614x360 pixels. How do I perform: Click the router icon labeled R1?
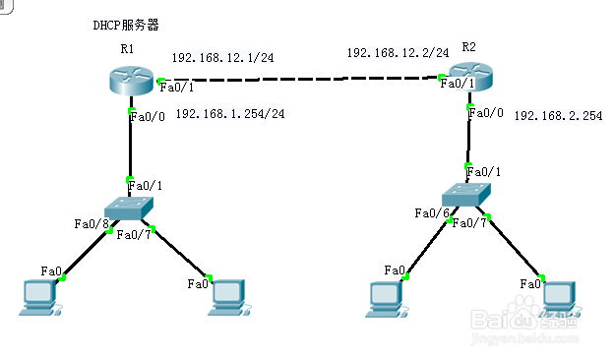[x=131, y=80]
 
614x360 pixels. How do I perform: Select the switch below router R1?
[x=129, y=208]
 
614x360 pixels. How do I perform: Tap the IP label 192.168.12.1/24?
[x=222, y=58]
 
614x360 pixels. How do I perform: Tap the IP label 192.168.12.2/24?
[x=398, y=51]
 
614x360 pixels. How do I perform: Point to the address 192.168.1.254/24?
[x=229, y=114]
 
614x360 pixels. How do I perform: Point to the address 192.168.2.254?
[x=557, y=116]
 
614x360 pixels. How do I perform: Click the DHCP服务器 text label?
[x=125, y=25]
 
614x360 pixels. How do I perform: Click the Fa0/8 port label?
[x=90, y=223]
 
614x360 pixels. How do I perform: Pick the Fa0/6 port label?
[x=431, y=212]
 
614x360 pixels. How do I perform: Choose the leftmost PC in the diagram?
[x=40, y=298]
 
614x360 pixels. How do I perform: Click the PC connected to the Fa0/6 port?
[x=384, y=299]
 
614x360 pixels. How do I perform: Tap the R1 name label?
[x=127, y=48]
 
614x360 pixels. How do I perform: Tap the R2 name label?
[x=468, y=47]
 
